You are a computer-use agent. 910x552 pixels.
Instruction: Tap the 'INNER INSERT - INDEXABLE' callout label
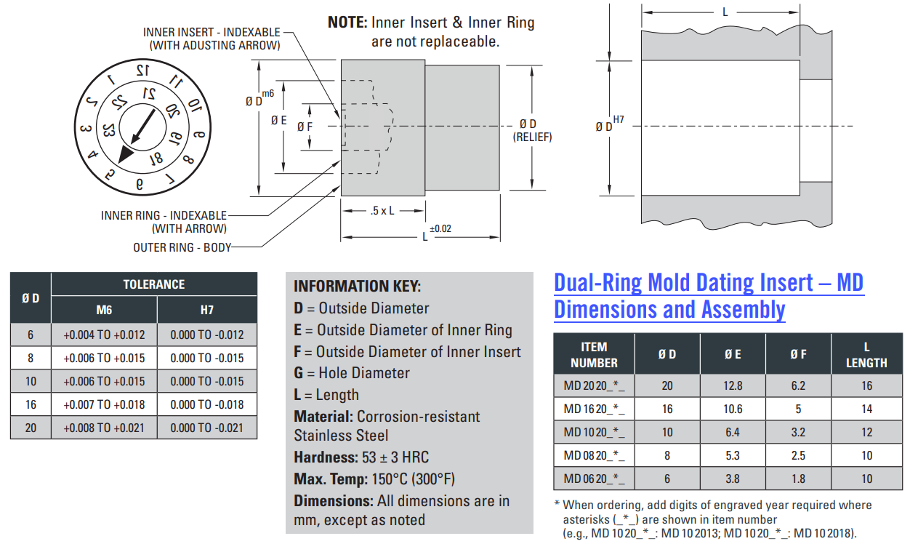[x=212, y=32]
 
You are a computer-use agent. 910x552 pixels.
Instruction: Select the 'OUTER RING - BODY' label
[x=182, y=247]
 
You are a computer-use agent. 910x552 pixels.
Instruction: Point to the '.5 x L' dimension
[x=382, y=211]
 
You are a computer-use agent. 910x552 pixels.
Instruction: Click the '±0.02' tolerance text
[x=440, y=228]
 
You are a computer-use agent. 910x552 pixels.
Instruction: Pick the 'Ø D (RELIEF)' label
[x=533, y=130]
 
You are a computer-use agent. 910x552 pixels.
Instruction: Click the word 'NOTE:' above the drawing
[x=347, y=23]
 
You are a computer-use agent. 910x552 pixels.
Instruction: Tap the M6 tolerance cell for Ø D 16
[x=104, y=404]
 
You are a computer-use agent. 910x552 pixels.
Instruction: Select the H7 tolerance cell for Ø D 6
[x=207, y=335]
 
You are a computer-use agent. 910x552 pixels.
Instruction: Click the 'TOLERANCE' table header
[x=154, y=284]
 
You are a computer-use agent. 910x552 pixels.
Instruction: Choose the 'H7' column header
[x=207, y=310]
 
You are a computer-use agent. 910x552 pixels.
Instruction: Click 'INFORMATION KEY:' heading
[x=357, y=286]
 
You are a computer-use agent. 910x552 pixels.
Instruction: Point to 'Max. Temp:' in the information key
[x=325, y=479]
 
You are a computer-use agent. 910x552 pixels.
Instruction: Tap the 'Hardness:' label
[x=325, y=457]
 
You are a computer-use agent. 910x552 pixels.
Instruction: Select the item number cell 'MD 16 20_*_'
[x=594, y=409]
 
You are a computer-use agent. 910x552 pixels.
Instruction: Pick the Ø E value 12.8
[x=733, y=385]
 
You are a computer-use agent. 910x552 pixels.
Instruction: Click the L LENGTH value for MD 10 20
[x=867, y=432]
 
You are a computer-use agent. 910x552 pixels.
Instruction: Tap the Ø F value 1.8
[x=798, y=479]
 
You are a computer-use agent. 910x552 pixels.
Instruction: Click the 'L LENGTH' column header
[x=867, y=354]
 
